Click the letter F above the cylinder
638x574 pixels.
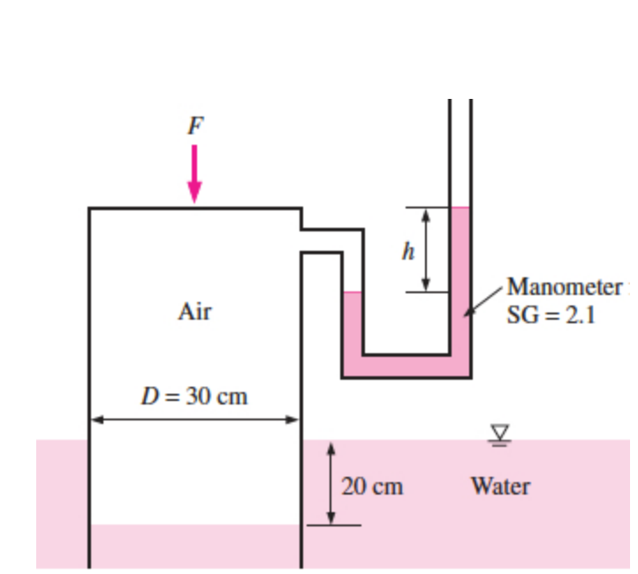point(194,126)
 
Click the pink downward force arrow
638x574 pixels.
point(194,173)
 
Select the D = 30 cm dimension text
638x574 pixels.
point(195,395)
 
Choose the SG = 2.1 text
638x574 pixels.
point(551,316)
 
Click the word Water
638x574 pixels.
point(500,486)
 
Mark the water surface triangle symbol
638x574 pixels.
point(500,431)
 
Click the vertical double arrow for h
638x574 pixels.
point(425,250)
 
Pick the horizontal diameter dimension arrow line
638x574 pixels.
point(195,419)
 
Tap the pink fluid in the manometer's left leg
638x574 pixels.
point(353,322)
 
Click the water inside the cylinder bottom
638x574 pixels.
point(195,546)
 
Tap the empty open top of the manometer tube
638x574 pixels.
point(460,150)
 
